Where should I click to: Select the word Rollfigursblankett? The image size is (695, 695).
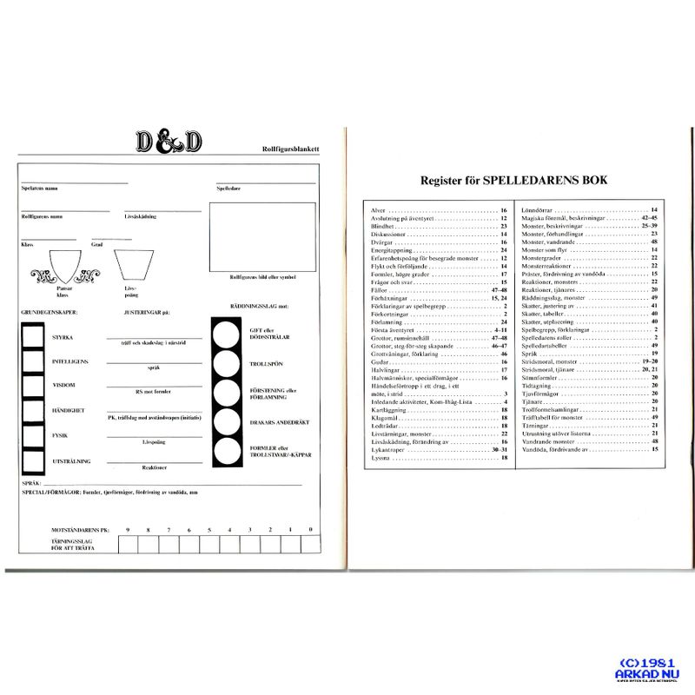pos(288,150)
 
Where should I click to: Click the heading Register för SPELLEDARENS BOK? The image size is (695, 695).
pos(513,181)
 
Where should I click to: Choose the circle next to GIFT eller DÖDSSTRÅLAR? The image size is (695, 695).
pos(228,332)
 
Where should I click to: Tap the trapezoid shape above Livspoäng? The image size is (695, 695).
pos(130,263)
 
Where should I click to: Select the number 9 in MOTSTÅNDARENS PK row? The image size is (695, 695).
pos(128,529)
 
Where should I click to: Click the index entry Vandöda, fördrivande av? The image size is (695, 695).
pos(555,449)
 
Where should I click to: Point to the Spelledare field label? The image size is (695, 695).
pos(228,189)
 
